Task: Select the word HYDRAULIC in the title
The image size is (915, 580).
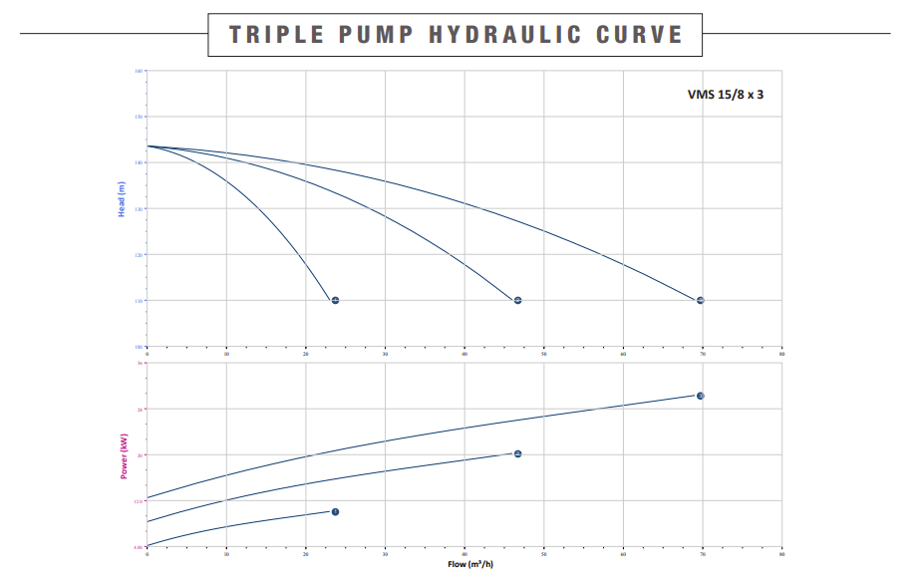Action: point(504,34)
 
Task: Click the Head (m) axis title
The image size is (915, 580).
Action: point(122,199)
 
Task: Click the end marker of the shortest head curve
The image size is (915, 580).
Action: point(335,300)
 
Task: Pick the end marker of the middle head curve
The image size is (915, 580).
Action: point(518,300)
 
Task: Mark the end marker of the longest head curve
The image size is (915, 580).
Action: point(701,300)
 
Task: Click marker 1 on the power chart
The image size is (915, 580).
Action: point(335,512)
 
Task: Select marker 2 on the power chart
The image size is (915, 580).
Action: point(518,453)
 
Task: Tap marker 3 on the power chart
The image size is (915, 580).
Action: point(701,396)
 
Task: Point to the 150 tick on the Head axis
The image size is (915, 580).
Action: point(140,117)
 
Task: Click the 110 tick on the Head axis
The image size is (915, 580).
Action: point(140,300)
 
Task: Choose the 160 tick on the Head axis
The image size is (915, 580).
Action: point(140,72)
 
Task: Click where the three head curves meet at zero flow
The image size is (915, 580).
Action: point(148,146)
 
